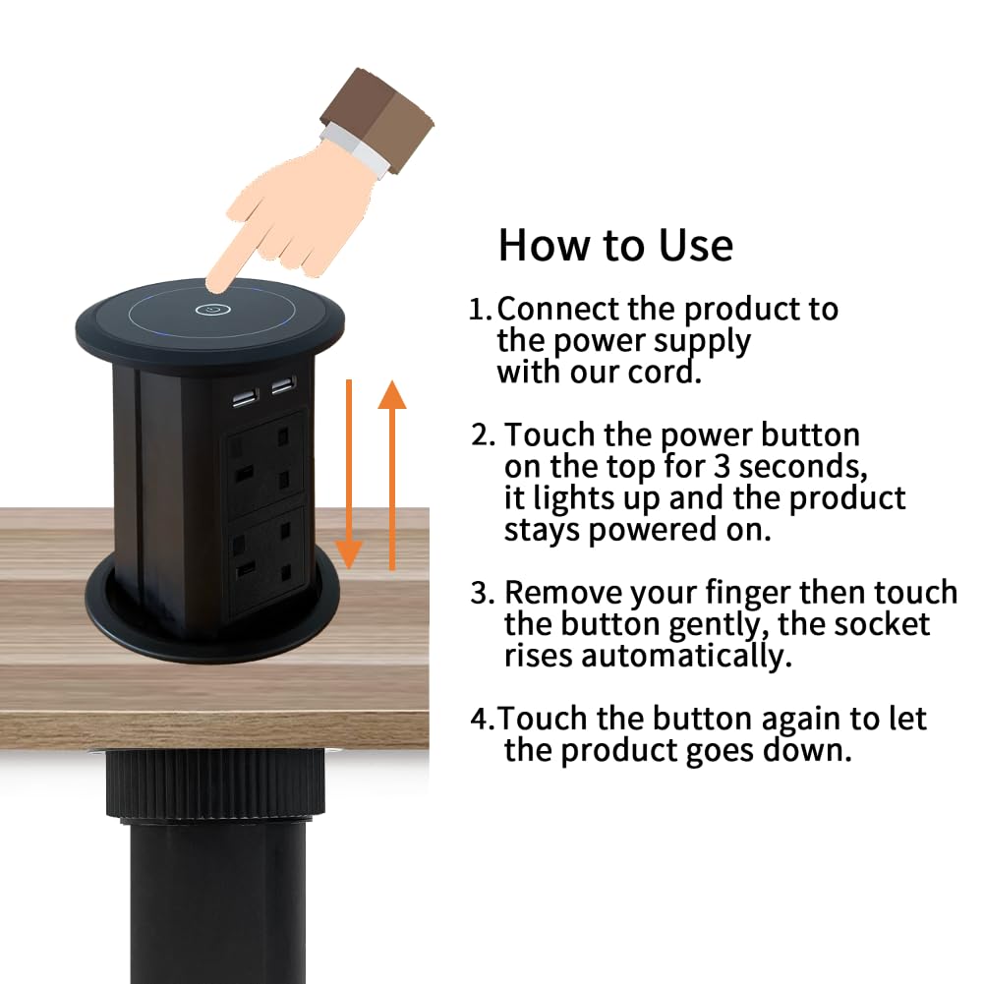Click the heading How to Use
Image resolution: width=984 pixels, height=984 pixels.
pos(615,245)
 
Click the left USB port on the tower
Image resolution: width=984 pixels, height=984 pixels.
pos(246,398)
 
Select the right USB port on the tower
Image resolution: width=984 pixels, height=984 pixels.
pos(284,384)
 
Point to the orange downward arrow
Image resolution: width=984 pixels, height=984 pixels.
pos(349,475)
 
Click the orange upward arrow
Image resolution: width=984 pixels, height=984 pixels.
pos(392,475)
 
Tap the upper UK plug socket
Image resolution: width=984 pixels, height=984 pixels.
pos(264,462)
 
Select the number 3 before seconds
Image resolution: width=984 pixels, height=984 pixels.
pos(722,466)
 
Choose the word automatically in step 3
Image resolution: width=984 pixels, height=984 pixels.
pos(686,656)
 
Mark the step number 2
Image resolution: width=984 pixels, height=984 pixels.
pos(484,434)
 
